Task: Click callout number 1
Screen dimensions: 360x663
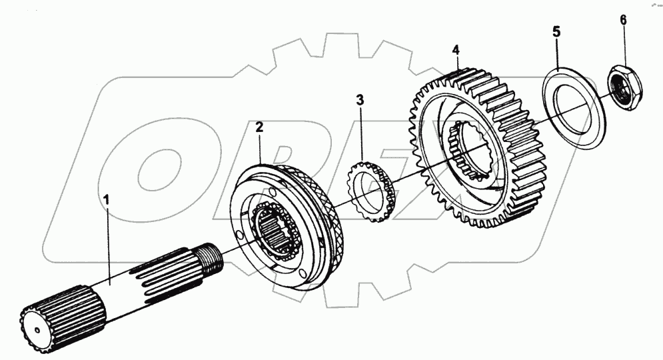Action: (105, 198)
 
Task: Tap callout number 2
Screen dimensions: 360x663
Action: (259, 126)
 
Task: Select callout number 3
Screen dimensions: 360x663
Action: (360, 101)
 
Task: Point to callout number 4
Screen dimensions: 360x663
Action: (456, 50)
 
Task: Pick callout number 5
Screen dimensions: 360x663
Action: (556, 32)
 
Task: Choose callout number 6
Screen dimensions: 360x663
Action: (624, 20)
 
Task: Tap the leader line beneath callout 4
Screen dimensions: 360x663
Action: (457, 67)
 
